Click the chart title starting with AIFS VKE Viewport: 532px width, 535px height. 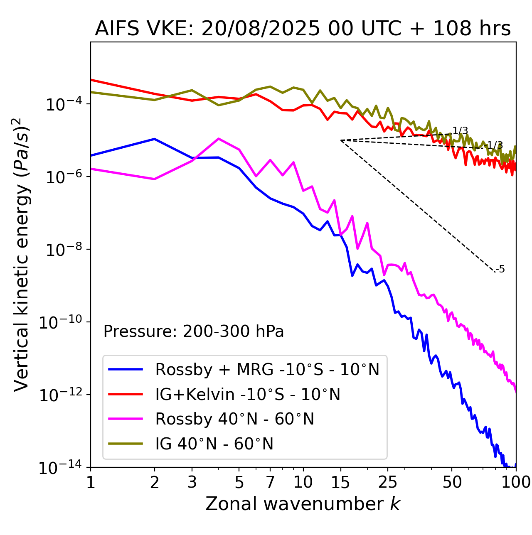(x=303, y=29)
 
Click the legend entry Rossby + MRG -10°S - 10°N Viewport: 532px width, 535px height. (x=267, y=369)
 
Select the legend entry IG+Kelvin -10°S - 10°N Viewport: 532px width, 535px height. (x=248, y=394)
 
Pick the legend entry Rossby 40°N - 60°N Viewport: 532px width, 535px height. (x=234, y=419)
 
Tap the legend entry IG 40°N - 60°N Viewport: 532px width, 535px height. (x=214, y=444)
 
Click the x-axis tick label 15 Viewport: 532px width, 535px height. (x=340, y=482)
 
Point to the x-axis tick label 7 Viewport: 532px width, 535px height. (x=270, y=482)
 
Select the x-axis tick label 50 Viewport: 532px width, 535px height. (x=452, y=482)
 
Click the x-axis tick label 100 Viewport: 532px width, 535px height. (x=515, y=482)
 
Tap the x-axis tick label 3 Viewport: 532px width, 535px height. (x=192, y=482)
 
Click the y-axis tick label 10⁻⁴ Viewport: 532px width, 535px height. (x=63, y=104)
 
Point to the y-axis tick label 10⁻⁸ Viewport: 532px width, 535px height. (x=63, y=249)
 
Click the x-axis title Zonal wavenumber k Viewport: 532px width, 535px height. (x=303, y=504)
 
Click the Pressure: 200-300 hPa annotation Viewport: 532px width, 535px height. (x=193, y=331)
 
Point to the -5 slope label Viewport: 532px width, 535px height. (x=501, y=269)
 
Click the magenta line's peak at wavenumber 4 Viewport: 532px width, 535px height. (x=219, y=139)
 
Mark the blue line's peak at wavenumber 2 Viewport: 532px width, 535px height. (x=155, y=139)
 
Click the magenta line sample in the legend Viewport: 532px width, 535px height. (x=126, y=419)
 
